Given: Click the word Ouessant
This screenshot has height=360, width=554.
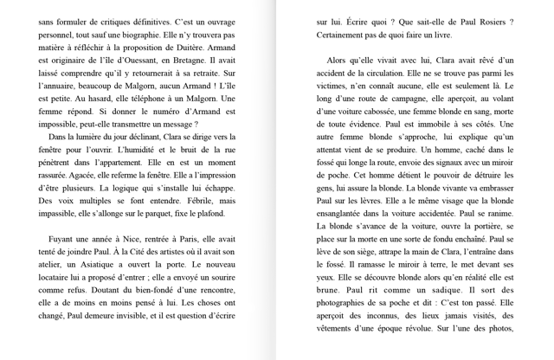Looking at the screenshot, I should (x=146, y=59).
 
